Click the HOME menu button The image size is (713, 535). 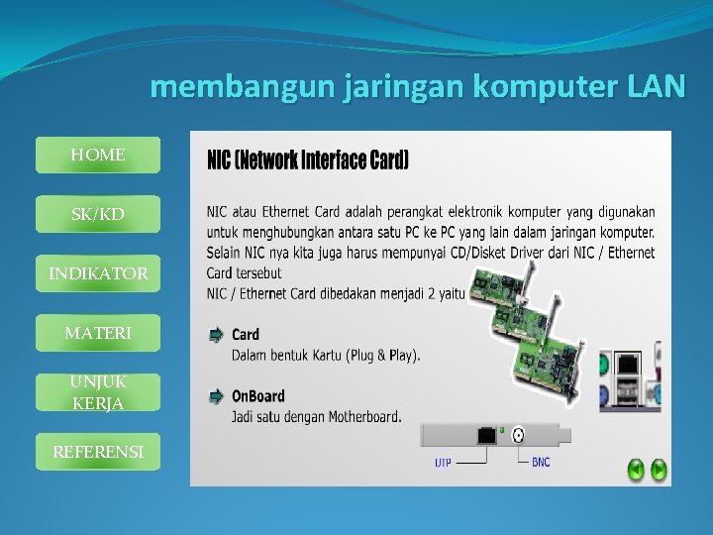click(97, 156)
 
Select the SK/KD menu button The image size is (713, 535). click(97, 215)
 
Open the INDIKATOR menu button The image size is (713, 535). click(97, 273)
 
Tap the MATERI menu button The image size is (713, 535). click(97, 334)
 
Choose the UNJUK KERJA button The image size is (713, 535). click(97, 392)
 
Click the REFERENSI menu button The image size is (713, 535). click(97, 453)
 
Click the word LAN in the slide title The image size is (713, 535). click(656, 87)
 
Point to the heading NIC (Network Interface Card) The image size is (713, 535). click(307, 160)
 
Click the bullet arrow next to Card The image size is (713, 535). click(216, 336)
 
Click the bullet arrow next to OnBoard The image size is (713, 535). click(216, 397)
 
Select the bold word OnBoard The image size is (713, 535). click(258, 396)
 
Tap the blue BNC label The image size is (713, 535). click(541, 463)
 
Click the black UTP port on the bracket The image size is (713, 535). click(487, 434)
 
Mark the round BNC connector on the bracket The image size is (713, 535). click(517, 434)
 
